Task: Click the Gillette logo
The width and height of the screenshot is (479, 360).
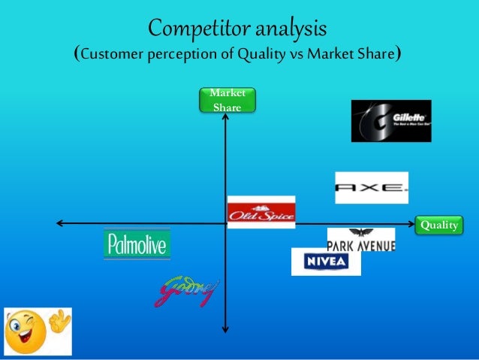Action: tap(391, 121)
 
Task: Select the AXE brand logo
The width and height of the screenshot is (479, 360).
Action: tap(372, 188)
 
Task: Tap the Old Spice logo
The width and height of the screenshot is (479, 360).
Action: tap(261, 212)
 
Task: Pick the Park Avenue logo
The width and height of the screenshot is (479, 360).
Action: tap(361, 239)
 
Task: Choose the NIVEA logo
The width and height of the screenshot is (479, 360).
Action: tap(326, 262)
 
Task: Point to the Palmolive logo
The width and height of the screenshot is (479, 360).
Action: tap(137, 245)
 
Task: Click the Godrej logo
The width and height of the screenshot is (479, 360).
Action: tap(187, 292)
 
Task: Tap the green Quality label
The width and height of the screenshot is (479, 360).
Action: tap(438, 225)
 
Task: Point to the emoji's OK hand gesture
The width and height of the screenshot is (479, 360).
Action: tap(57, 322)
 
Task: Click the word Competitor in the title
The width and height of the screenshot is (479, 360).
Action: tap(197, 29)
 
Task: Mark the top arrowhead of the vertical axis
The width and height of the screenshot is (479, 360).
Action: tap(226, 117)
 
